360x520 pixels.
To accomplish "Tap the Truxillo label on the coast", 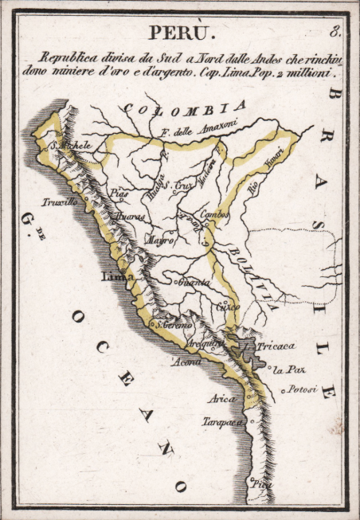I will click(60, 202).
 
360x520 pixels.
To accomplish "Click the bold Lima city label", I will click(115, 276).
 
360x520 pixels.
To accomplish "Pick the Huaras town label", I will click(130, 216).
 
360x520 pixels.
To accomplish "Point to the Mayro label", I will click(159, 240).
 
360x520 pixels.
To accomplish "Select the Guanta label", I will click(194, 283).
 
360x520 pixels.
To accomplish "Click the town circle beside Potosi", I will click(283, 391).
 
